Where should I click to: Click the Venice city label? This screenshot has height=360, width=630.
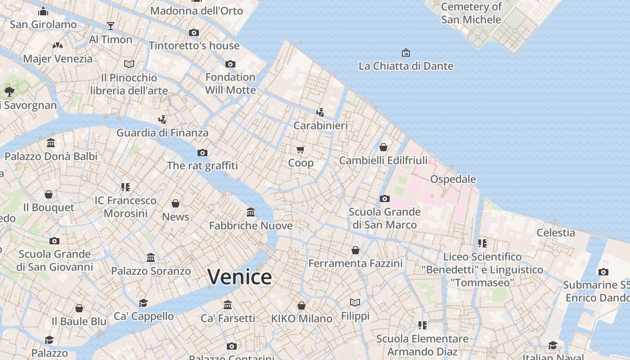pos(239,276)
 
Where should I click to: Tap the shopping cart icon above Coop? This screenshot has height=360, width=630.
pos(301,149)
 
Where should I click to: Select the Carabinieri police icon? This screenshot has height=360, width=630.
pos(320,112)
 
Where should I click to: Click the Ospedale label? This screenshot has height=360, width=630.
pos(453,179)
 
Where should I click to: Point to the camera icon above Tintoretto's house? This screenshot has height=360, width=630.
pos(194,32)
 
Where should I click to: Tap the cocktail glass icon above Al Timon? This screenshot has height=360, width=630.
pos(111,26)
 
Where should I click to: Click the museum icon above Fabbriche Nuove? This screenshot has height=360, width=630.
pos(251,212)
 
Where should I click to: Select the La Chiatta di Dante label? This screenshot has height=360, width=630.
pos(405,66)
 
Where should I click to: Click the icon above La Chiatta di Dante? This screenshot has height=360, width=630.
pos(405,53)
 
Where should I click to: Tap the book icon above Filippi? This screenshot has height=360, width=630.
pos(355,302)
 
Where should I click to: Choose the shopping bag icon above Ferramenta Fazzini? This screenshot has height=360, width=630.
pos(355,250)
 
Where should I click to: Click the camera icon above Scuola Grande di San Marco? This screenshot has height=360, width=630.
pos(385,198)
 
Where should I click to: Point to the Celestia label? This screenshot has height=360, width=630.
pos(556,233)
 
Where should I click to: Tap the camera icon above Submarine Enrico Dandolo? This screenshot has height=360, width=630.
pos(603,272)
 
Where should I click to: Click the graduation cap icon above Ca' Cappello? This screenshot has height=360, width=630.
pos(144,303)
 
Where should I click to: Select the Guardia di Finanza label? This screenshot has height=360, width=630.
pos(162,133)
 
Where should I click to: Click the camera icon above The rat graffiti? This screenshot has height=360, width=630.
pos(202,153)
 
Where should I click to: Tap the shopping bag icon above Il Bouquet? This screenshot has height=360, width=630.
pos(49,194)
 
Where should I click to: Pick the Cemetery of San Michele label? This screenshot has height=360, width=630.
pos(471,13)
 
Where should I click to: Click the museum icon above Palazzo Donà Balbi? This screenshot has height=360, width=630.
pos(51,143)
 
